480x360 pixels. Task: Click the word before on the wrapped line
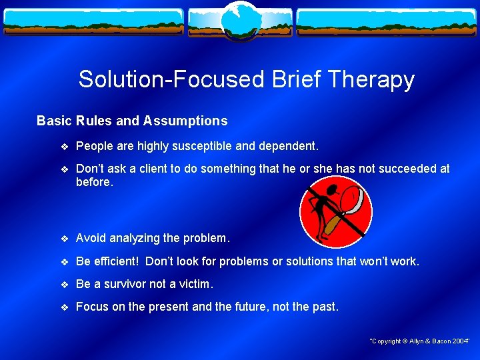pos(95,182)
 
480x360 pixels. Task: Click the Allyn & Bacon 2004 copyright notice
pos(420,341)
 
